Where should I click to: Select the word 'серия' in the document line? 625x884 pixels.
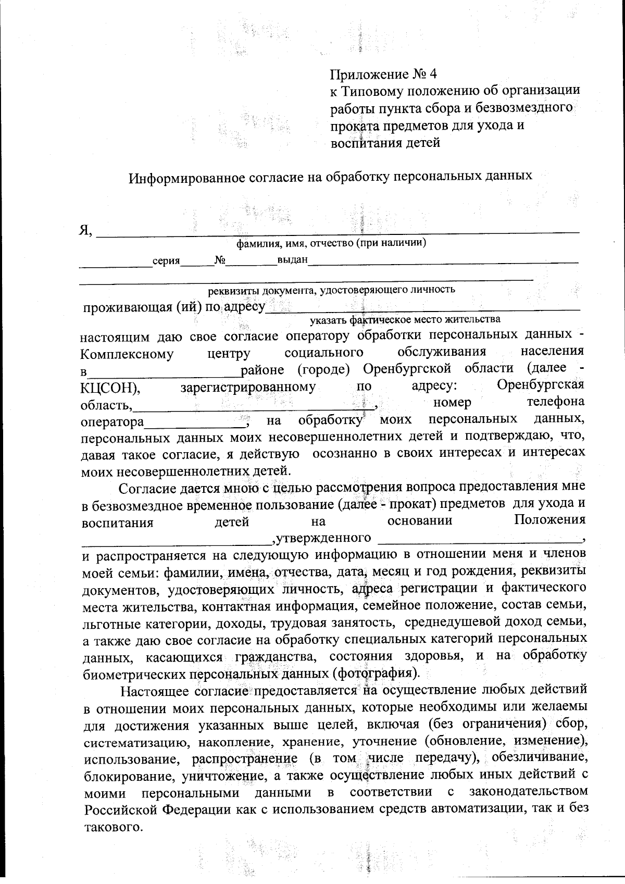166,261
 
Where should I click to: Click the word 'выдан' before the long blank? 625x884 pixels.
293,259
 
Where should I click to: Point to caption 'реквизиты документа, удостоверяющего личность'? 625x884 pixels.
332,290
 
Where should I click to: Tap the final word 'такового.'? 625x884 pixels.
113,827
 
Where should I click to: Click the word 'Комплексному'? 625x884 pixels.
127,355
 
